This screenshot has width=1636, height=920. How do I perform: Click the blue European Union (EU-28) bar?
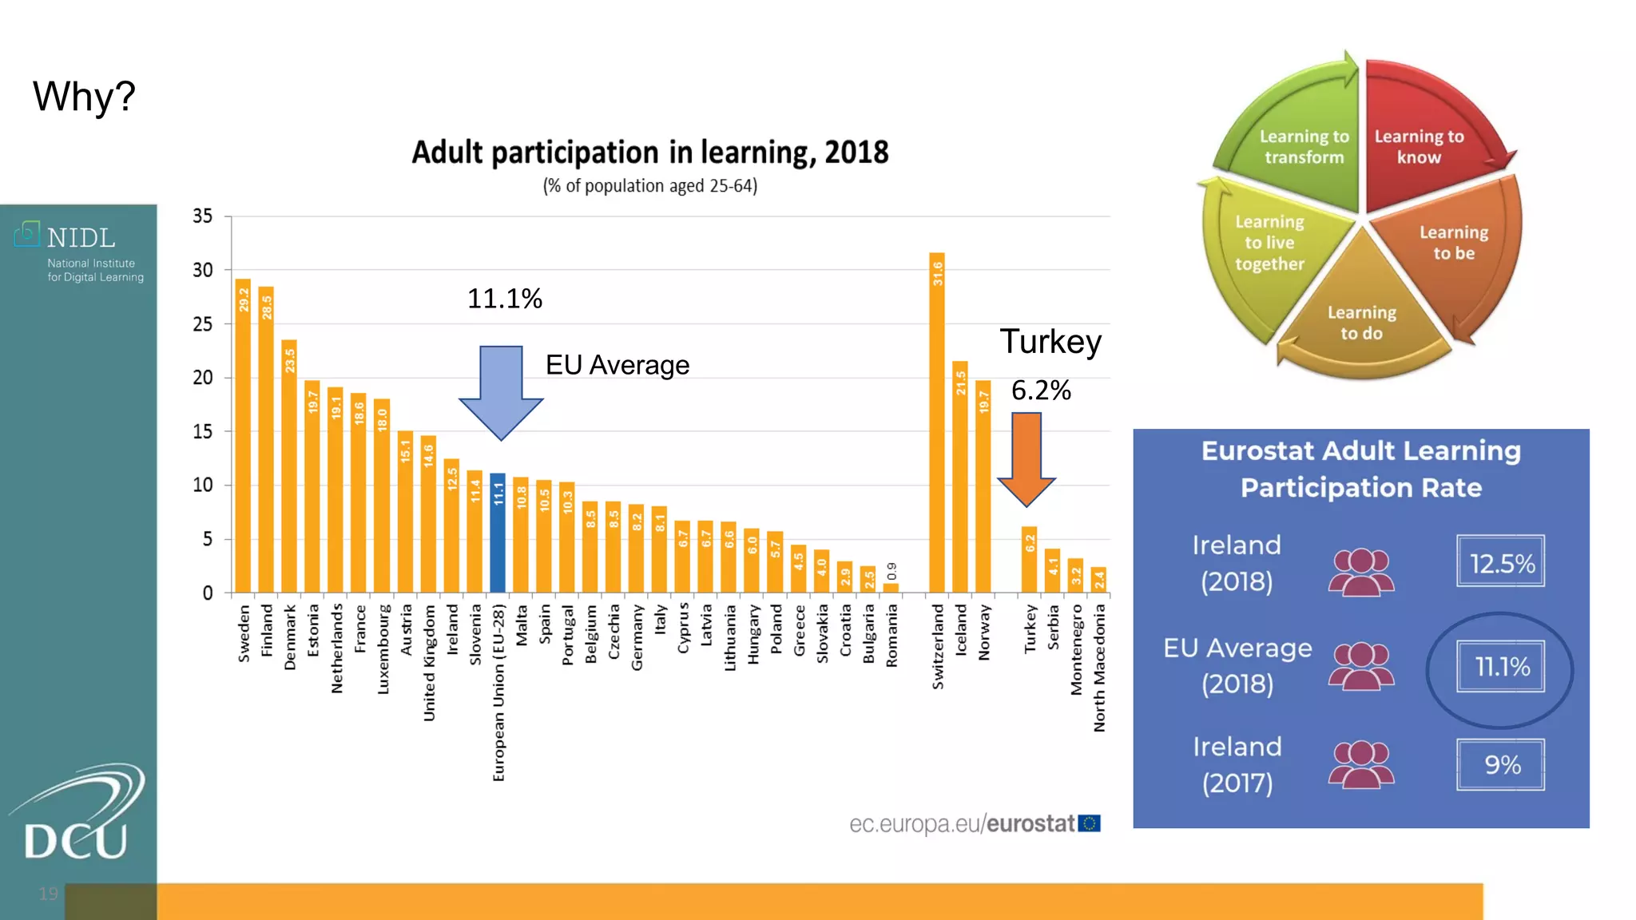pyautogui.click(x=498, y=533)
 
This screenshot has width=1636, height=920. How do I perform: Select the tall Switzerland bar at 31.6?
pyautogui.click(x=937, y=423)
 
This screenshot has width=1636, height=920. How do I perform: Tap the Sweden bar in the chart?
pyautogui.click(x=243, y=436)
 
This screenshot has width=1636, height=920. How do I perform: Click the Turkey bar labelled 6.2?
pyautogui.click(x=1030, y=560)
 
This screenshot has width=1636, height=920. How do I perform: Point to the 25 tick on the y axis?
pyautogui.click(x=203, y=323)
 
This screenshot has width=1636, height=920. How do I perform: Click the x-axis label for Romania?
pyautogui.click(x=892, y=636)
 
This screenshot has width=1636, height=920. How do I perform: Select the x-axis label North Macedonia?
pyautogui.click(x=1100, y=668)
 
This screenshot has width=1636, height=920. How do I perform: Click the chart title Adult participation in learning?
pyautogui.click(x=649, y=153)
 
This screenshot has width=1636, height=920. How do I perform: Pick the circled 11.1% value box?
pyautogui.click(x=1500, y=666)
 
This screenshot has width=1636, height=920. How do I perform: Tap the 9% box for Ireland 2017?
pyautogui.click(x=1500, y=764)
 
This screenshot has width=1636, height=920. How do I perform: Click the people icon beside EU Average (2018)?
pyautogui.click(x=1361, y=666)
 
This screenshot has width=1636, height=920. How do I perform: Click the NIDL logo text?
pyautogui.click(x=80, y=238)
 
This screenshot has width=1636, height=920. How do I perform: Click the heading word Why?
pyautogui.click(x=85, y=97)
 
